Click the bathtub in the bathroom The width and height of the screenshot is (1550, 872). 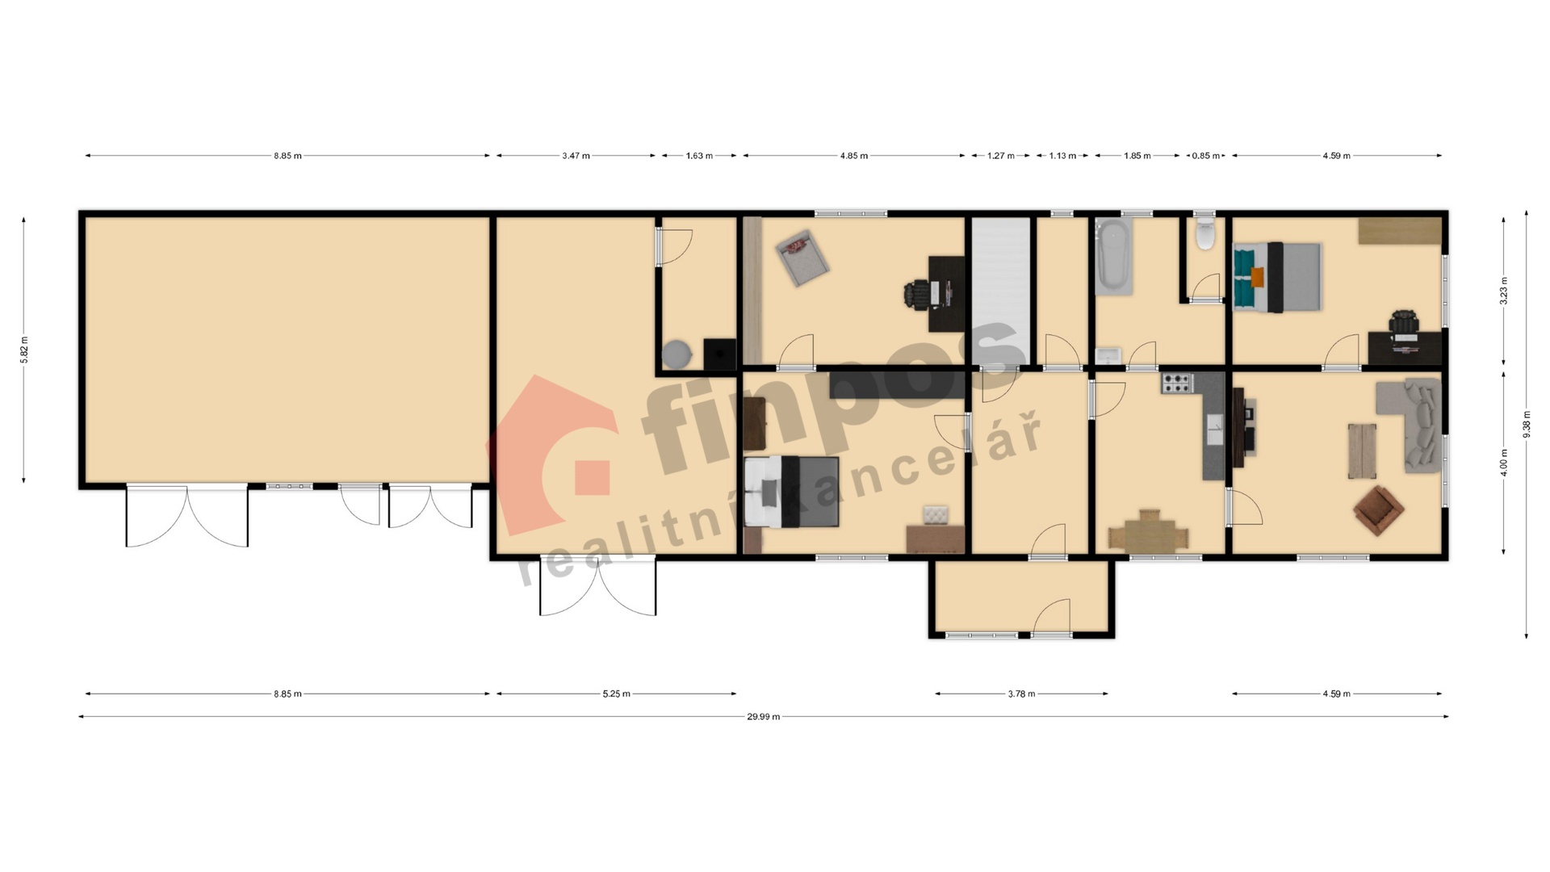pyautogui.click(x=1114, y=254)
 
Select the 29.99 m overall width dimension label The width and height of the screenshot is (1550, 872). pyautogui.click(x=763, y=716)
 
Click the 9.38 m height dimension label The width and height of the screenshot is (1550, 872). pyautogui.click(x=1526, y=425)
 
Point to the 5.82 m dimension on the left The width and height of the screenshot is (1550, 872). pyautogui.click(x=23, y=350)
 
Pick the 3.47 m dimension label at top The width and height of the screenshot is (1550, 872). pyautogui.click(x=576, y=156)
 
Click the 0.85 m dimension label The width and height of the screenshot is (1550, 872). pyautogui.click(x=1205, y=156)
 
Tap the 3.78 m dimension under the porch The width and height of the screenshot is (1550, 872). pyautogui.click(x=1021, y=694)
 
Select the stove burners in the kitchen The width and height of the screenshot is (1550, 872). pyautogui.click(x=1176, y=383)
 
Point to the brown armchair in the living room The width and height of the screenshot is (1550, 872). pyautogui.click(x=1379, y=510)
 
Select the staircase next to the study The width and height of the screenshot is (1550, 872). pyautogui.click(x=1000, y=291)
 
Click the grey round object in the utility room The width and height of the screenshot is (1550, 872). pyautogui.click(x=677, y=354)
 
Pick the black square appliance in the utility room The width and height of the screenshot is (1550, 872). pyautogui.click(x=720, y=354)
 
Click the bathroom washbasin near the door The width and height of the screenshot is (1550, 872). pyautogui.click(x=1108, y=355)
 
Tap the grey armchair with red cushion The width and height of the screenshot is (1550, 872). pyautogui.click(x=800, y=257)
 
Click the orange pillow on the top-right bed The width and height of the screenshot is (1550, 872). pyautogui.click(x=1257, y=277)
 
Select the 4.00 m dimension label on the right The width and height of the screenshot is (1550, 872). pyautogui.click(x=1503, y=463)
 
